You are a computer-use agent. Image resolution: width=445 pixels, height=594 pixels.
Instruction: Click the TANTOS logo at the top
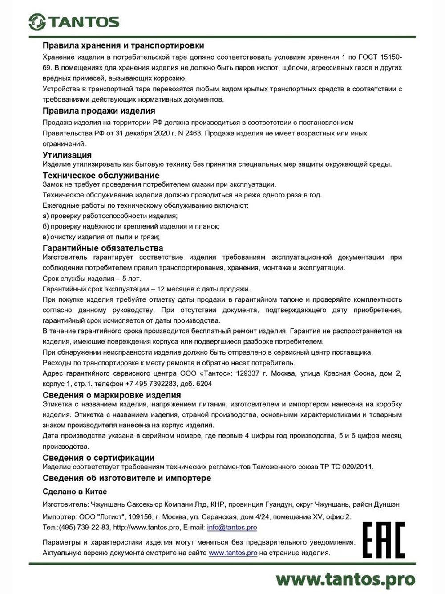point(74,22)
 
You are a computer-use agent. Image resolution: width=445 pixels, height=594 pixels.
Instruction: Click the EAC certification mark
point(384,540)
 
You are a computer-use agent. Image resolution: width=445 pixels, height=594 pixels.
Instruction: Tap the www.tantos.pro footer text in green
point(345,579)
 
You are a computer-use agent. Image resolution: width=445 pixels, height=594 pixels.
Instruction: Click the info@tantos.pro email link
point(232,528)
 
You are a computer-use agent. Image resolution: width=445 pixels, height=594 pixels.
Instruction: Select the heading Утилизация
point(67,155)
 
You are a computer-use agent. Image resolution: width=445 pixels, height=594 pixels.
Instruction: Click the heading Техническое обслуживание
point(101,176)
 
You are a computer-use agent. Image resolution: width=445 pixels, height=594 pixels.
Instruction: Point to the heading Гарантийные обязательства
point(103,248)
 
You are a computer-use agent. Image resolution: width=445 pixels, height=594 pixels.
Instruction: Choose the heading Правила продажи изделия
point(99,111)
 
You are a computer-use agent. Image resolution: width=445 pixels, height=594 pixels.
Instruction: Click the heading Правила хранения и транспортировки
point(123,45)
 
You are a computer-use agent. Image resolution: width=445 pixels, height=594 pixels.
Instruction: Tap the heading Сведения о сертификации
point(98,458)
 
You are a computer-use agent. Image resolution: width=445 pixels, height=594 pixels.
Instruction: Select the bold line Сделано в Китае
point(75,492)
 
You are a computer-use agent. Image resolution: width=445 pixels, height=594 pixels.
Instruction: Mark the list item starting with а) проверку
point(110,216)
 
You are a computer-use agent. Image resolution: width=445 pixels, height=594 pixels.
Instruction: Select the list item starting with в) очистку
point(101,237)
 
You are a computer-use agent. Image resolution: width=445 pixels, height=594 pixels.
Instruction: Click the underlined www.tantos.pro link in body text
point(233,553)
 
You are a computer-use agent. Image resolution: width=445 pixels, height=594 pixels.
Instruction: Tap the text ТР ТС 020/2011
point(346,467)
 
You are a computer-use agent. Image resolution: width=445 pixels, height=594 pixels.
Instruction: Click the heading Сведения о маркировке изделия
point(112,395)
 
